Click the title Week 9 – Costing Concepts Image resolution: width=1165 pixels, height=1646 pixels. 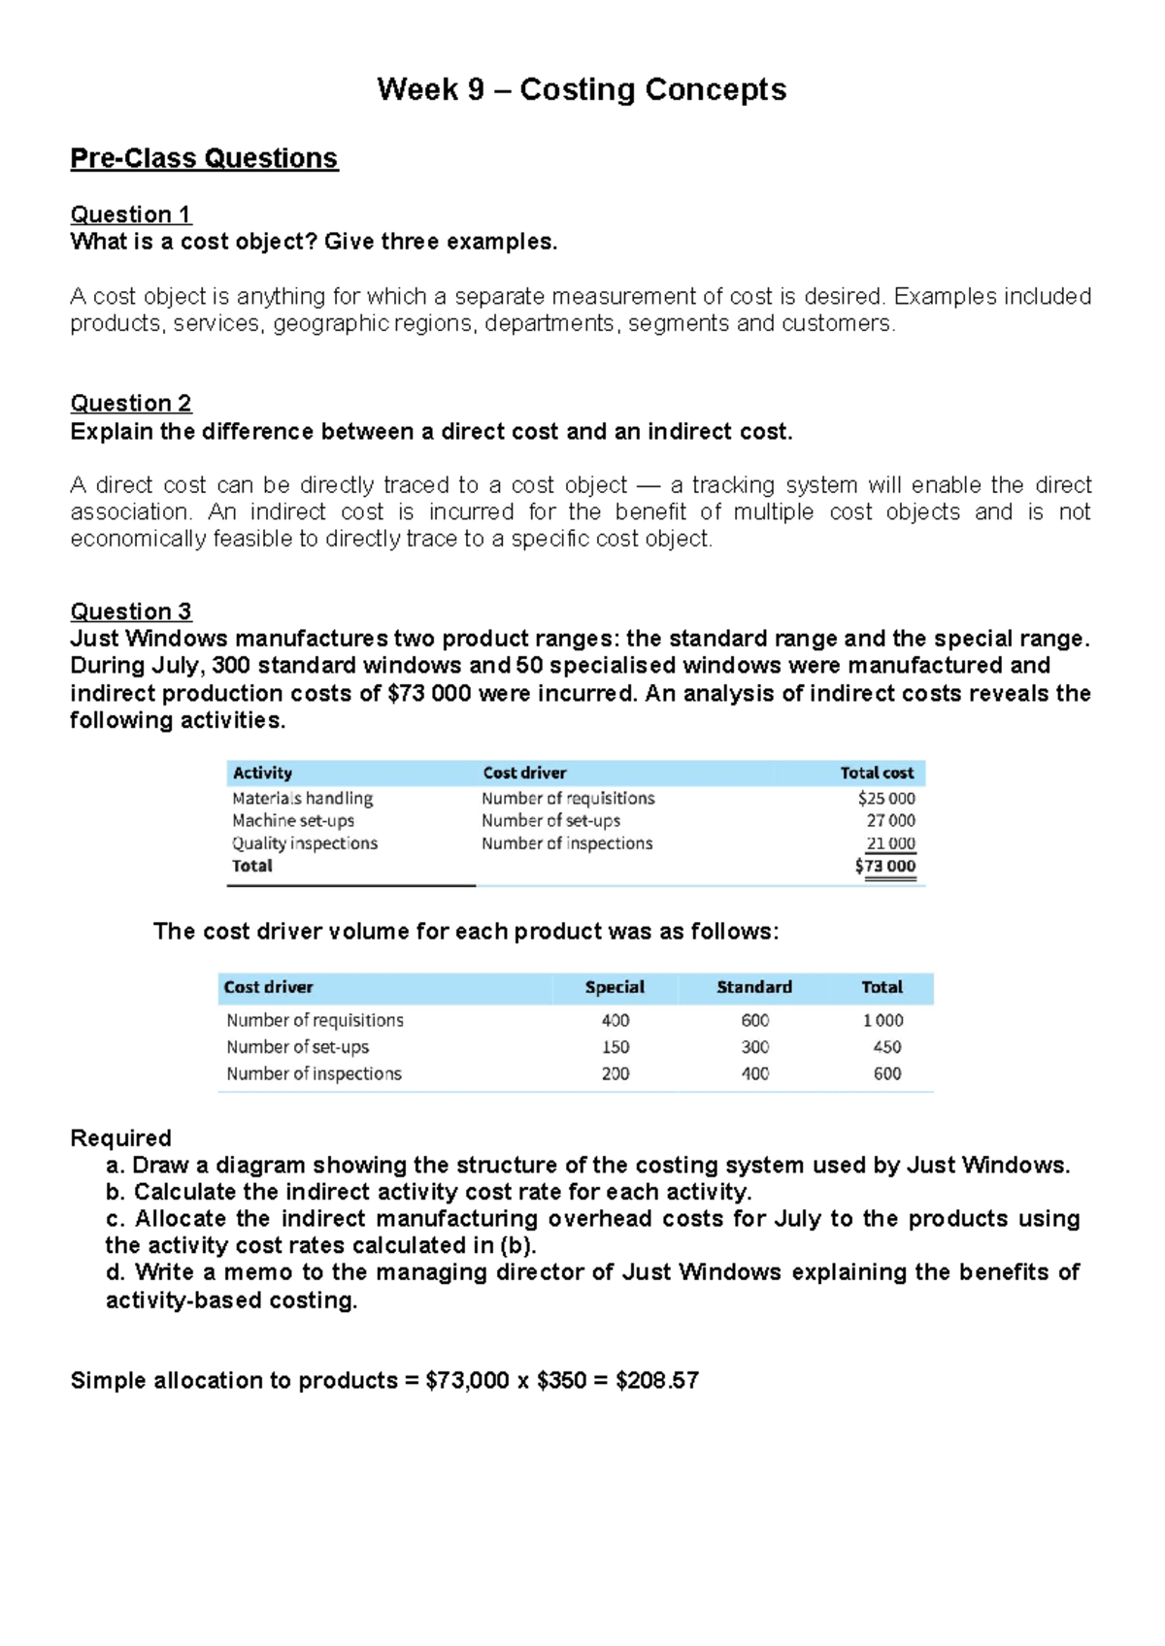click(582, 89)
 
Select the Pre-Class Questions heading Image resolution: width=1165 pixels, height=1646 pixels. click(204, 158)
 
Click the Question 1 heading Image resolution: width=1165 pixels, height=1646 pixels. click(130, 214)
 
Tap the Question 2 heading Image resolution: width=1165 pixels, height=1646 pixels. click(130, 403)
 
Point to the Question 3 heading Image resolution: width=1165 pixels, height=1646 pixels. click(130, 611)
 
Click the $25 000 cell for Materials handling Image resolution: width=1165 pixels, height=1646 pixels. click(886, 798)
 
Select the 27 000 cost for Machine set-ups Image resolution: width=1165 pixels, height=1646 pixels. click(890, 820)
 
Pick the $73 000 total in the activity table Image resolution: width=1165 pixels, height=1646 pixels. click(885, 866)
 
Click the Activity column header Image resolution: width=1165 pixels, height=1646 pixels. click(262, 773)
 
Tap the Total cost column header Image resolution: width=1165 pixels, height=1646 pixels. click(877, 773)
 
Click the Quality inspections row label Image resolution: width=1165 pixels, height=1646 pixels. click(305, 843)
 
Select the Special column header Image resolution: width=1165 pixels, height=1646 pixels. click(615, 987)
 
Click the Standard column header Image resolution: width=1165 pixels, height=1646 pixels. click(754, 987)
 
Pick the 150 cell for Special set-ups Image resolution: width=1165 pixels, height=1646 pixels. click(616, 1047)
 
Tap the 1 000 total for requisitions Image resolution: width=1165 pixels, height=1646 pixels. click(882, 1020)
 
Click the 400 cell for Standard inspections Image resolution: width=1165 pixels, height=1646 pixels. click(755, 1073)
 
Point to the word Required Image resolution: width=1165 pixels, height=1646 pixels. click(120, 1137)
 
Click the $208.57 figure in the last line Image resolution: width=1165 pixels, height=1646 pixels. click(657, 1380)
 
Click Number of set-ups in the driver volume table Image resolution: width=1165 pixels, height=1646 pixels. click(298, 1047)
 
